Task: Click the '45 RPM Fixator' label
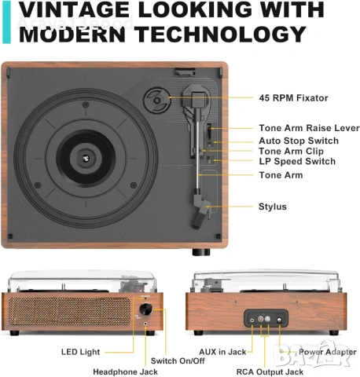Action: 293,98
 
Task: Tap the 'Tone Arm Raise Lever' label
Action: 309,128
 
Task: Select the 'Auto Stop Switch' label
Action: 299,141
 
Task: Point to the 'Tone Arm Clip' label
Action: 291,151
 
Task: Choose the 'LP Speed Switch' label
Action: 297,161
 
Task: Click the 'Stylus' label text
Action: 273,207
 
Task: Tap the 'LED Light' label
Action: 80,352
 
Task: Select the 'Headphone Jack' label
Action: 125,372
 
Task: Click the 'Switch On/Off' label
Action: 178,361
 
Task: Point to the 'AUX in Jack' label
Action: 222,352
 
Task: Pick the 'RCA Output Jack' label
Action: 270,372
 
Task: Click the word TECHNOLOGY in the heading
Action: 220,35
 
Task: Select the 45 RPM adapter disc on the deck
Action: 157,100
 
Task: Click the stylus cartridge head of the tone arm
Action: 201,213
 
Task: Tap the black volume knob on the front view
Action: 145,309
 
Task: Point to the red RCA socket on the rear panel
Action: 261,319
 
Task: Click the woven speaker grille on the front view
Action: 70,311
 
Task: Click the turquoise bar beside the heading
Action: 6,22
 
